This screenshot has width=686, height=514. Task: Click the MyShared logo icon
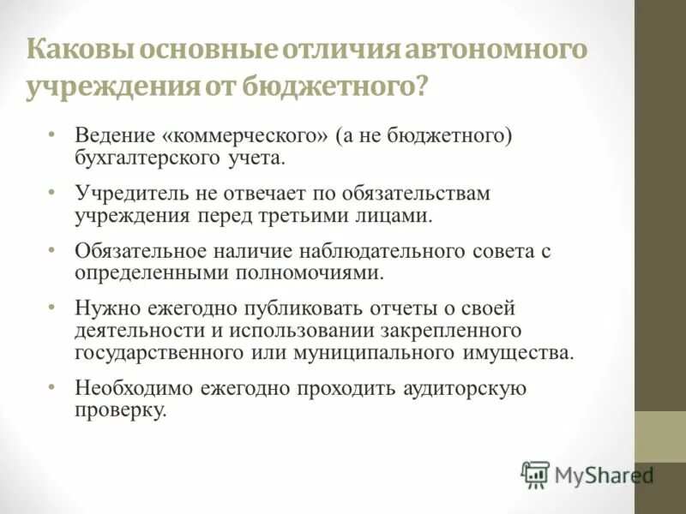click(x=535, y=473)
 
